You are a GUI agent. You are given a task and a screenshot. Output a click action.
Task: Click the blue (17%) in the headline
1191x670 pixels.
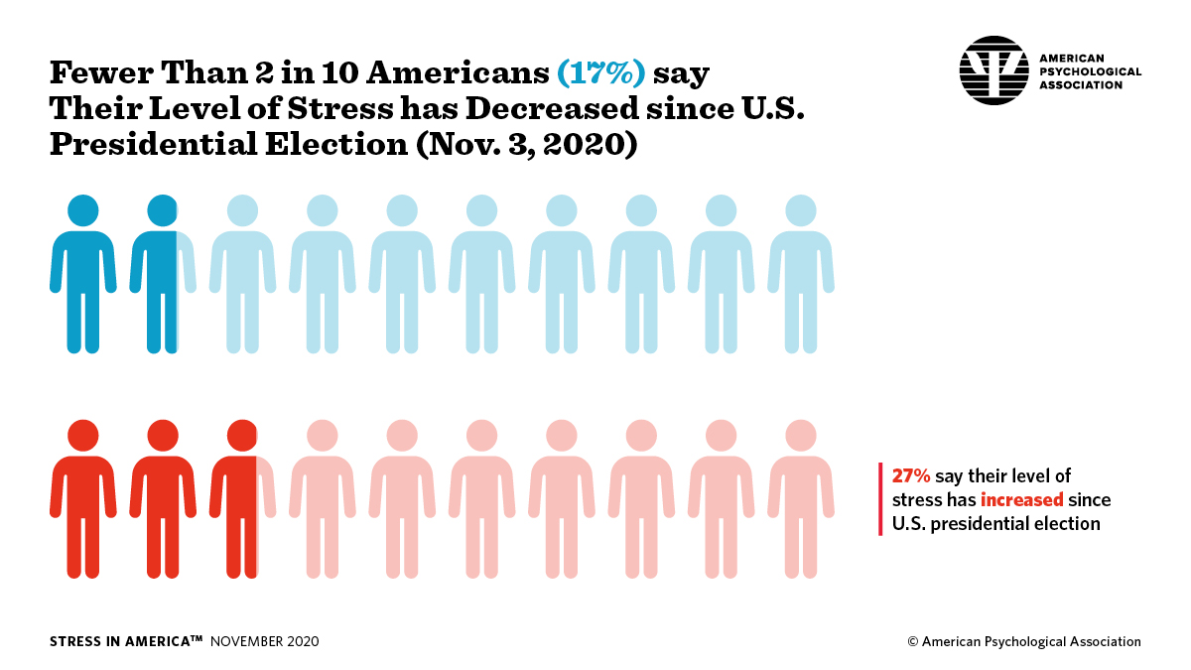tap(600, 73)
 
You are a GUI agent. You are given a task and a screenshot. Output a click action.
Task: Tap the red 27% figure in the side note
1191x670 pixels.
tap(910, 476)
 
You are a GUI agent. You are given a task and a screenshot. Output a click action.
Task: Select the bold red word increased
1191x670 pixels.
tap(1022, 499)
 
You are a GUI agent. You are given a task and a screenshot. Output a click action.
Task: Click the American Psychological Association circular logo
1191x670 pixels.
tap(994, 71)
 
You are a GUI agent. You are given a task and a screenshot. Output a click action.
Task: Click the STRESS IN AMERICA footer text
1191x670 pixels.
tap(125, 642)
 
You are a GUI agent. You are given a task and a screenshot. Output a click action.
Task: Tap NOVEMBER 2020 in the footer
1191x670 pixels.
tap(265, 642)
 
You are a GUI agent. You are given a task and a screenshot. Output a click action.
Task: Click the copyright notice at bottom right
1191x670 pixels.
tap(1023, 642)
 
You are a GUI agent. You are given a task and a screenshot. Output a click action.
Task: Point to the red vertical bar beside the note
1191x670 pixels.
tap(880, 499)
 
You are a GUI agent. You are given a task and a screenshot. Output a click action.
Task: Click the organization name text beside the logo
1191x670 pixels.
tap(1089, 71)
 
